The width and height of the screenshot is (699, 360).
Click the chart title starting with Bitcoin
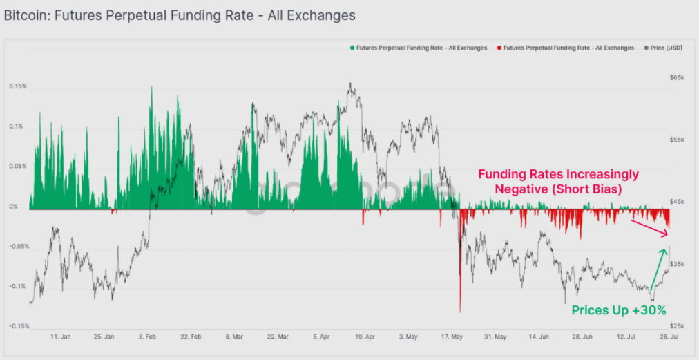click(x=180, y=15)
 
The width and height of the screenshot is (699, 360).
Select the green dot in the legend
click(x=352, y=48)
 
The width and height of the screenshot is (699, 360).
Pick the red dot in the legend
click(x=499, y=48)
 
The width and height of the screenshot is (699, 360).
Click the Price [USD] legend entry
click(x=665, y=48)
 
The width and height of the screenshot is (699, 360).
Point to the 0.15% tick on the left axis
click(x=18, y=86)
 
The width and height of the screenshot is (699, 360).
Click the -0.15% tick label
click(x=18, y=326)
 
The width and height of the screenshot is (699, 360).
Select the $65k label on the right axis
click(x=677, y=78)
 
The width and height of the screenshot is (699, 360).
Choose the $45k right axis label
click(x=677, y=202)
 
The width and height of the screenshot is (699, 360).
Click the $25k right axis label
click(x=677, y=325)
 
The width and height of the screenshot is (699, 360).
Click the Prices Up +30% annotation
click(x=619, y=310)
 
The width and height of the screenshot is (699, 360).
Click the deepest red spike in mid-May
click(x=460, y=304)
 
